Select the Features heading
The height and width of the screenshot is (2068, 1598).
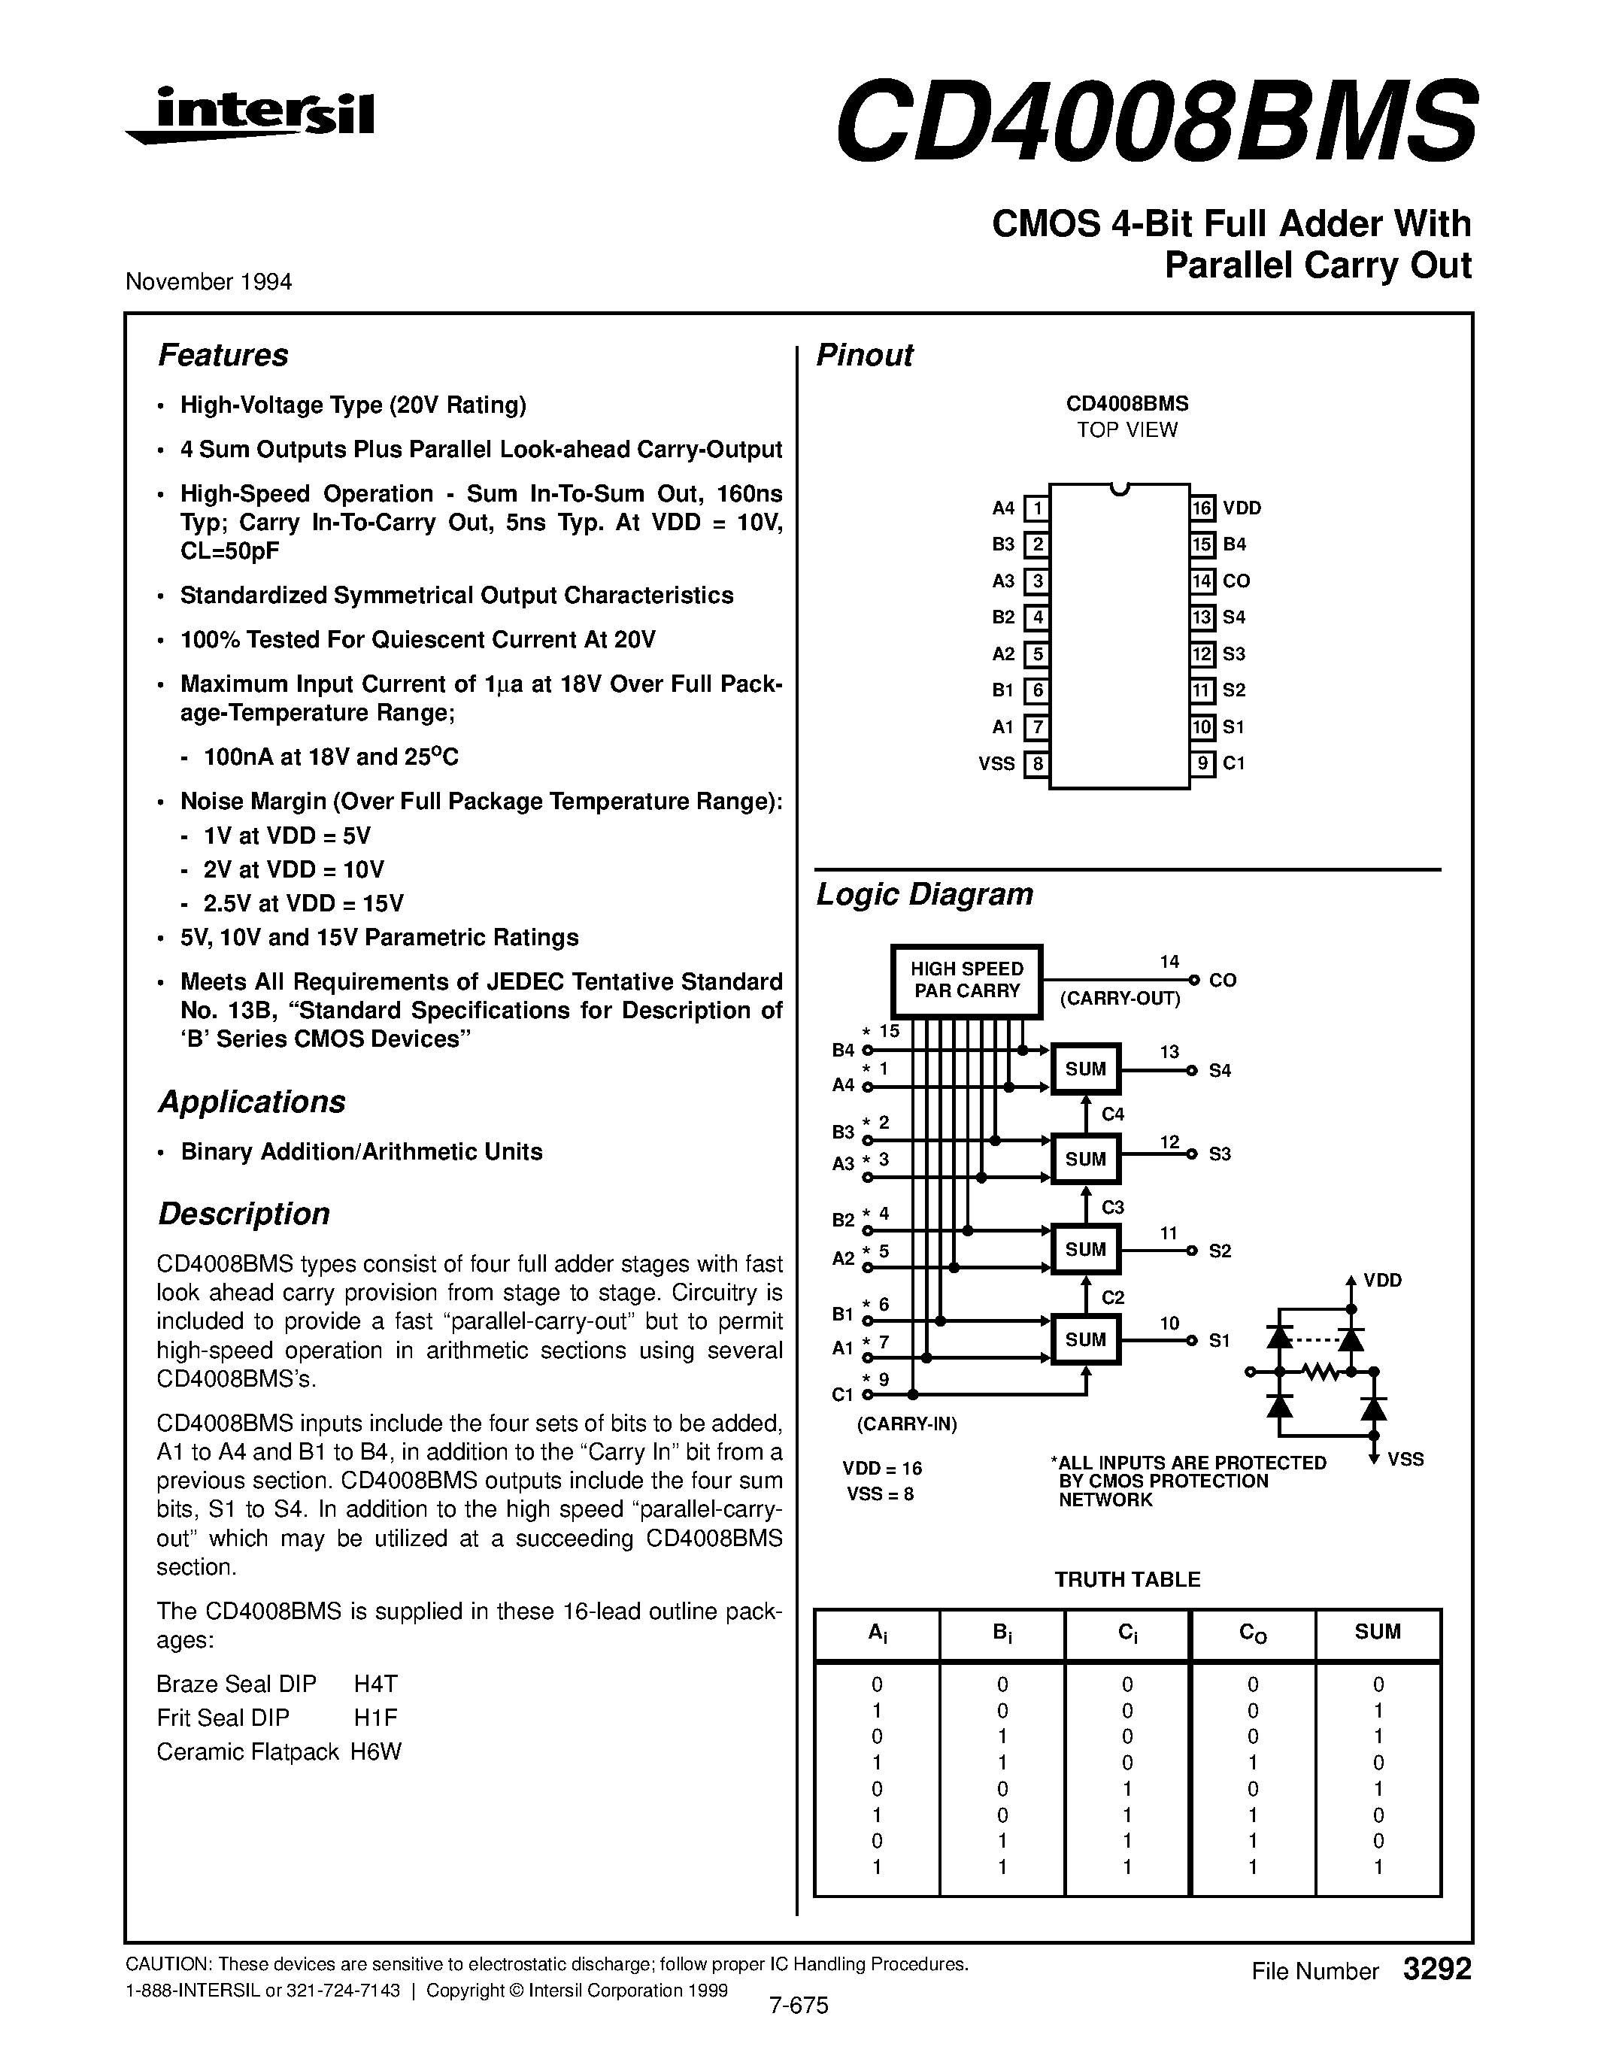coord(223,355)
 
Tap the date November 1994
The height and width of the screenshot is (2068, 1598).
coord(208,282)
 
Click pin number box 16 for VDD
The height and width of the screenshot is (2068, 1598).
coord(1202,508)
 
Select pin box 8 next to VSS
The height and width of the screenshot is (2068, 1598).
coord(1036,763)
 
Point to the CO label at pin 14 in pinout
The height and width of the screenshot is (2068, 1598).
coord(1236,581)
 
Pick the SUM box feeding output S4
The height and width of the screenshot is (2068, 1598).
coord(1086,1069)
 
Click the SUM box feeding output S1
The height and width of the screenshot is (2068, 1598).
coord(1086,1339)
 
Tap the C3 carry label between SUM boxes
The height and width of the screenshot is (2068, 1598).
coord(1112,1207)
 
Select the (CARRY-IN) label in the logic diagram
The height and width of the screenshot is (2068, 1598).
coord(907,1424)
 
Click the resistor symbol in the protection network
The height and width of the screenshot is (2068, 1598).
coord(1321,1371)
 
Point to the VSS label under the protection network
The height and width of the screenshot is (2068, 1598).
coord(1405,1459)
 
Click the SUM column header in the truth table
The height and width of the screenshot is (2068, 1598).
coord(1378,1632)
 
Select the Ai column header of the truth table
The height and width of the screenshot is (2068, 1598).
coord(877,1633)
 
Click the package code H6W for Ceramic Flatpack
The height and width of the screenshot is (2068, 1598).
coord(376,1751)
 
